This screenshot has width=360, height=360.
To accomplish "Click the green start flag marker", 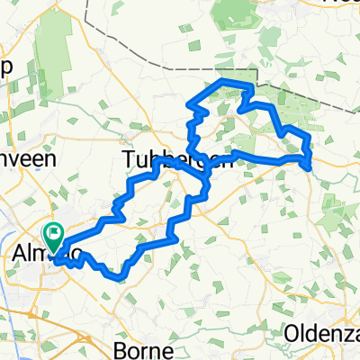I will click(x=53, y=236).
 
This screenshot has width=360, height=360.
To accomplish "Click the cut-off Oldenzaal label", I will click(x=321, y=334).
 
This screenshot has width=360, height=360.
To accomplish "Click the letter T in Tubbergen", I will click(x=128, y=159).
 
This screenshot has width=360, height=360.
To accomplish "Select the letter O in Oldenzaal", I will click(x=291, y=334).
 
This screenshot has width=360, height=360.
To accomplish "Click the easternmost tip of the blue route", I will click(x=310, y=166).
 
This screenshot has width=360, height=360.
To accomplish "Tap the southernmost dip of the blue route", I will click(x=117, y=276).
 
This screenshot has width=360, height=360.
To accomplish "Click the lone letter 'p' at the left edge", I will click(x=5, y=69).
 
